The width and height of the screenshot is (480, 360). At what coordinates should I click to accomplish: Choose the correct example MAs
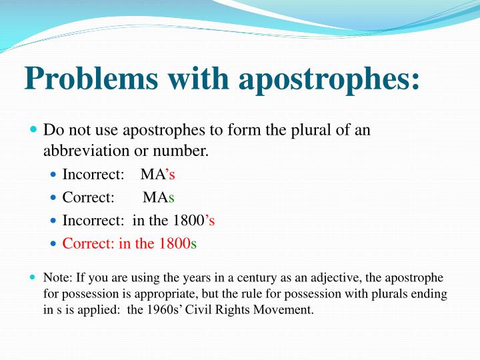pos(158,197)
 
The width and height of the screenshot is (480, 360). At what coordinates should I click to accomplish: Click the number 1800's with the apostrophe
pos(193,221)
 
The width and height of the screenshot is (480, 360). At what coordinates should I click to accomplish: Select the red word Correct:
pos(89,243)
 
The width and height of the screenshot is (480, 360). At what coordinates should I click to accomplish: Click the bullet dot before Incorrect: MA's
pos(54,175)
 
